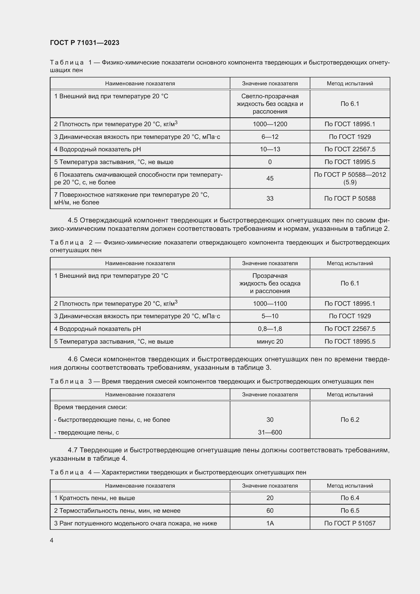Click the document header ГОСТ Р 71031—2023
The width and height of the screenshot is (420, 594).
pos(85,43)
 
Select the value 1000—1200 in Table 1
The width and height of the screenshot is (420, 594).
pos(270,124)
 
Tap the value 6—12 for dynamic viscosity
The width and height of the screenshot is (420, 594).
pos(270,137)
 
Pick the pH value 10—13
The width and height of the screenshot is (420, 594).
pos(270,149)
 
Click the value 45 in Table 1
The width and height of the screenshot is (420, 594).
pos(270,178)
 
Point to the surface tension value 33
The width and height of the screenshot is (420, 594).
pos(270,198)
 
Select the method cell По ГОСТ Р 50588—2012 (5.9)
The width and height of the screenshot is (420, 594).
pos(350,178)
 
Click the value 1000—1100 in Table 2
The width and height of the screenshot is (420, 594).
pos(270,303)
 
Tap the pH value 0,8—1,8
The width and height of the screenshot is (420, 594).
pos(270,329)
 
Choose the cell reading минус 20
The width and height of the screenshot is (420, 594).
pos(270,342)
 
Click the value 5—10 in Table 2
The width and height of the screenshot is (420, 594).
pos(270,316)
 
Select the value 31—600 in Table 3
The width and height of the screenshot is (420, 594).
pos(270,432)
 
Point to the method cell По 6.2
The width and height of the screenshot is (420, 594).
pos(350,420)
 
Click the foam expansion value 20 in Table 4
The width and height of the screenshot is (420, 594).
pos(270,498)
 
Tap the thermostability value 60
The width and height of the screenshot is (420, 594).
pos(270,511)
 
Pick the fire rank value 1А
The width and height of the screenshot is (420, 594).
pos(270,523)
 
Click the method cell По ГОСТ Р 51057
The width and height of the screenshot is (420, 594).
pos(350,523)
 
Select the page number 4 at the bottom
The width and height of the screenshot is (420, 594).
pos(52,540)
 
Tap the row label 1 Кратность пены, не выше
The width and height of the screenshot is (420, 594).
pos(94,498)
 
